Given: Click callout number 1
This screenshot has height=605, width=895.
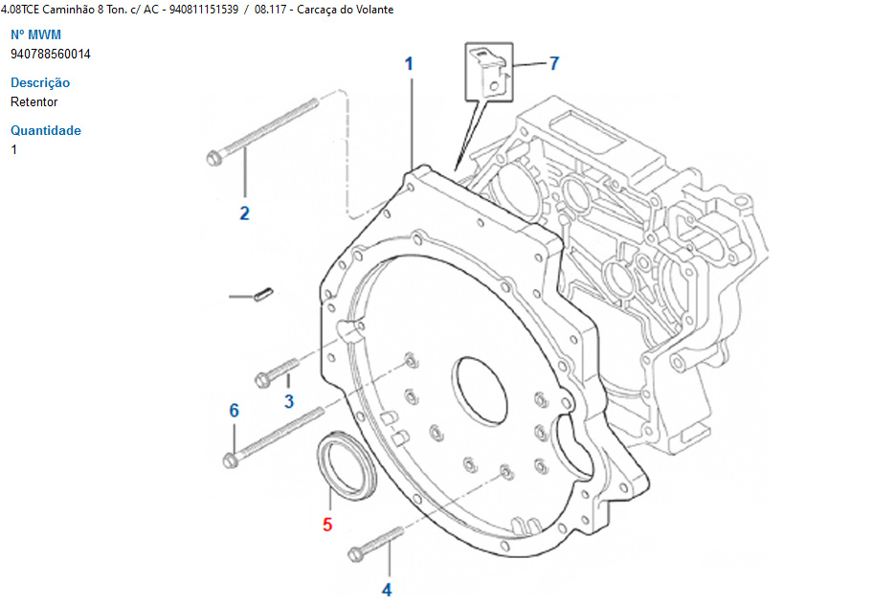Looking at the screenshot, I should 409,64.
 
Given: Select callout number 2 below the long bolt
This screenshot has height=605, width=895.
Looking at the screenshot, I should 244,213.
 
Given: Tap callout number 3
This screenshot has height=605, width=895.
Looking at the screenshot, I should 288,400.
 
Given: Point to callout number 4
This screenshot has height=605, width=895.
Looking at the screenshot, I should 387,590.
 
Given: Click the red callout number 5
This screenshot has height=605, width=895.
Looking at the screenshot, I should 327,525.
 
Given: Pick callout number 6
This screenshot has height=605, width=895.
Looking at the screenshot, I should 234,411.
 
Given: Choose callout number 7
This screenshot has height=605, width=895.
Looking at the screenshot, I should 553,64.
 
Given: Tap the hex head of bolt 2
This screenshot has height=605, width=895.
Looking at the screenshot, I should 214,157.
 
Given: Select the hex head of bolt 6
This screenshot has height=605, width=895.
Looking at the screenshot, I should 230,461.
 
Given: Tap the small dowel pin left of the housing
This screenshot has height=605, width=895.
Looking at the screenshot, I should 265,296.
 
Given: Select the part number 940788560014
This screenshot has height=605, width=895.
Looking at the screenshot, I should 51,55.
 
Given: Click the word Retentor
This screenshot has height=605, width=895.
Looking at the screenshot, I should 34,102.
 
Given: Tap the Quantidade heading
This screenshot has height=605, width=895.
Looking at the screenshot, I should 46,131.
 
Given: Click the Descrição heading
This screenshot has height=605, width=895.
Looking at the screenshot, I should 40,83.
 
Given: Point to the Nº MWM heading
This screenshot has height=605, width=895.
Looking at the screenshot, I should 35,35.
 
